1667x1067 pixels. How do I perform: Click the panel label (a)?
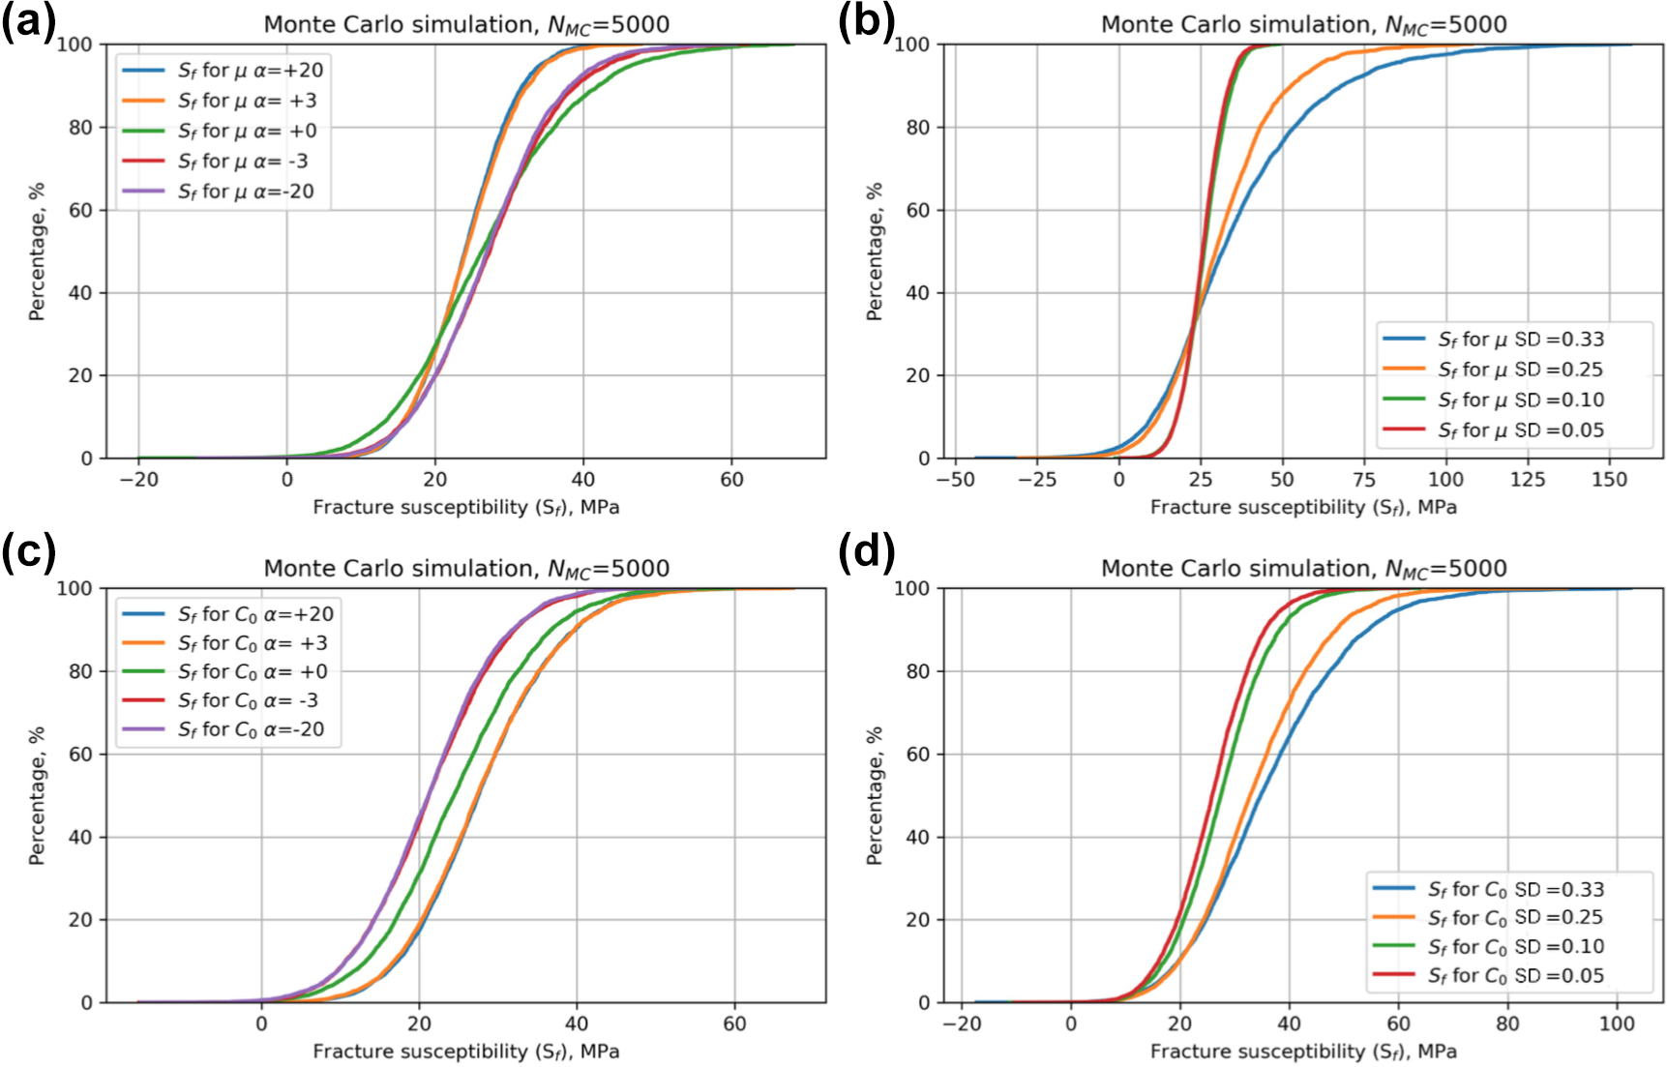point(29,21)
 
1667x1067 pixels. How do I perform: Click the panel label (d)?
point(866,553)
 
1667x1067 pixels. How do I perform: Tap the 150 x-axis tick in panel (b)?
point(1609,480)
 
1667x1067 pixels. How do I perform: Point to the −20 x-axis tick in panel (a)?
point(138,480)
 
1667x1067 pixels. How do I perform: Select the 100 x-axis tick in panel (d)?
point(1616,1023)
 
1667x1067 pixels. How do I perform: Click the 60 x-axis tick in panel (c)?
point(734,1023)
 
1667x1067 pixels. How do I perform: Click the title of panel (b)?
point(1303,24)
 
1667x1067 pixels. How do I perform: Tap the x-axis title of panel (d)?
point(1303,1051)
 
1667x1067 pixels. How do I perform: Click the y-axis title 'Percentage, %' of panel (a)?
point(37,252)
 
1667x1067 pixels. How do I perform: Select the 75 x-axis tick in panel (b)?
point(1364,480)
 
